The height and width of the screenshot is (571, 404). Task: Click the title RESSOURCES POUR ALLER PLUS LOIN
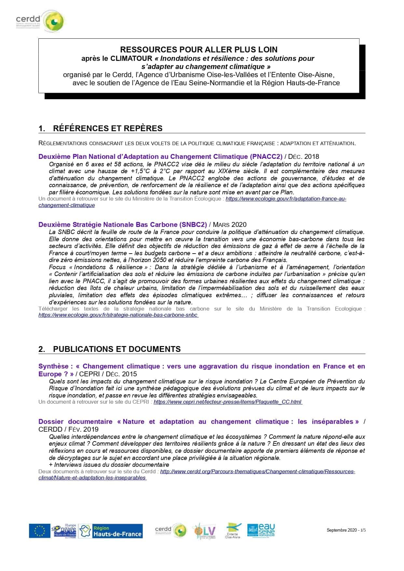click(x=199, y=50)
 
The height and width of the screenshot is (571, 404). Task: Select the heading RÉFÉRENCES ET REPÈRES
click(x=107, y=128)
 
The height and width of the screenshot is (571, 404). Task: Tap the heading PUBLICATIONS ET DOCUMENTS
click(x=117, y=349)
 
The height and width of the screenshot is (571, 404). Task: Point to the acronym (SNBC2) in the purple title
click(x=193, y=225)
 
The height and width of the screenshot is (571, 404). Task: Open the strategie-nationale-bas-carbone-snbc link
click(x=118, y=315)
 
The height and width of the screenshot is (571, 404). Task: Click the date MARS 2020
click(x=230, y=225)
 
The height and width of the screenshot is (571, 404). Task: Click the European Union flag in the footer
click(x=39, y=531)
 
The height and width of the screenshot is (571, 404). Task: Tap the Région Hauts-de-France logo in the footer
click(x=111, y=531)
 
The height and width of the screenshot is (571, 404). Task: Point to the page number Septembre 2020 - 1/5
click(x=346, y=530)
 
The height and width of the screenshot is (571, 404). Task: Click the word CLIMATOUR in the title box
click(x=131, y=59)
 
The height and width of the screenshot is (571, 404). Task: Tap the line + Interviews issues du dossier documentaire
click(x=109, y=465)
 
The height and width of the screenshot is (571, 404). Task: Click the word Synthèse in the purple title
click(x=53, y=366)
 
